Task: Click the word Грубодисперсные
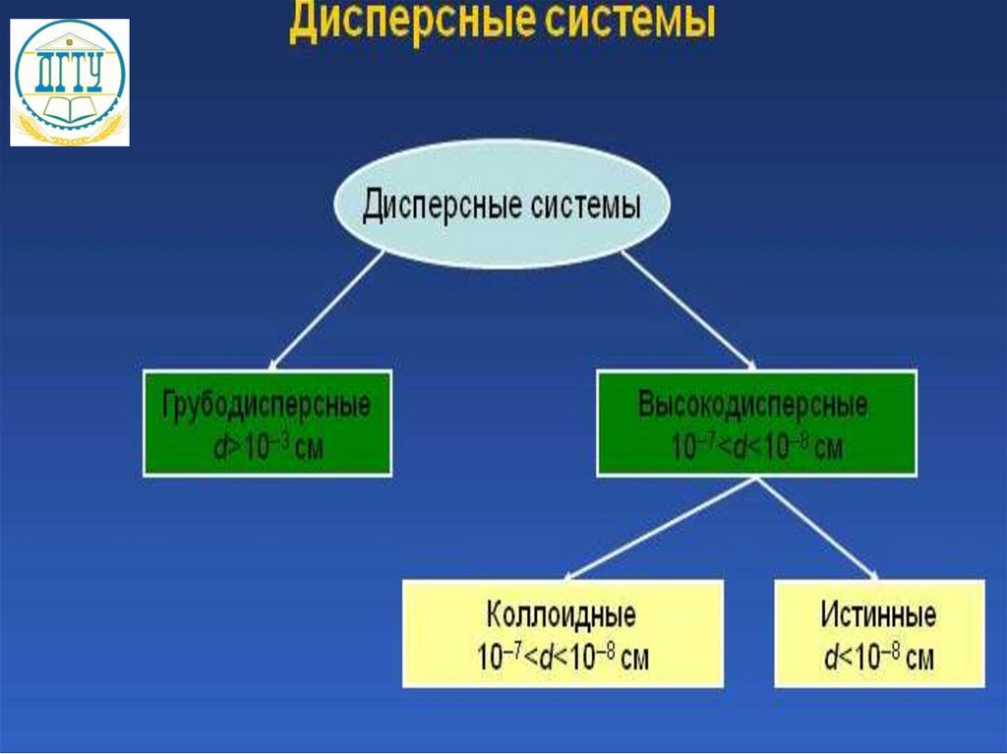point(267,406)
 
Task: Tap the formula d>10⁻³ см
point(267,448)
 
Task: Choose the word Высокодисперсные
point(754,404)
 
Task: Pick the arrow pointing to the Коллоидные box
point(659,531)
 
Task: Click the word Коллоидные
point(562,615)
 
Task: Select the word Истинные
point(878,615)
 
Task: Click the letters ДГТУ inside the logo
point(69,75)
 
